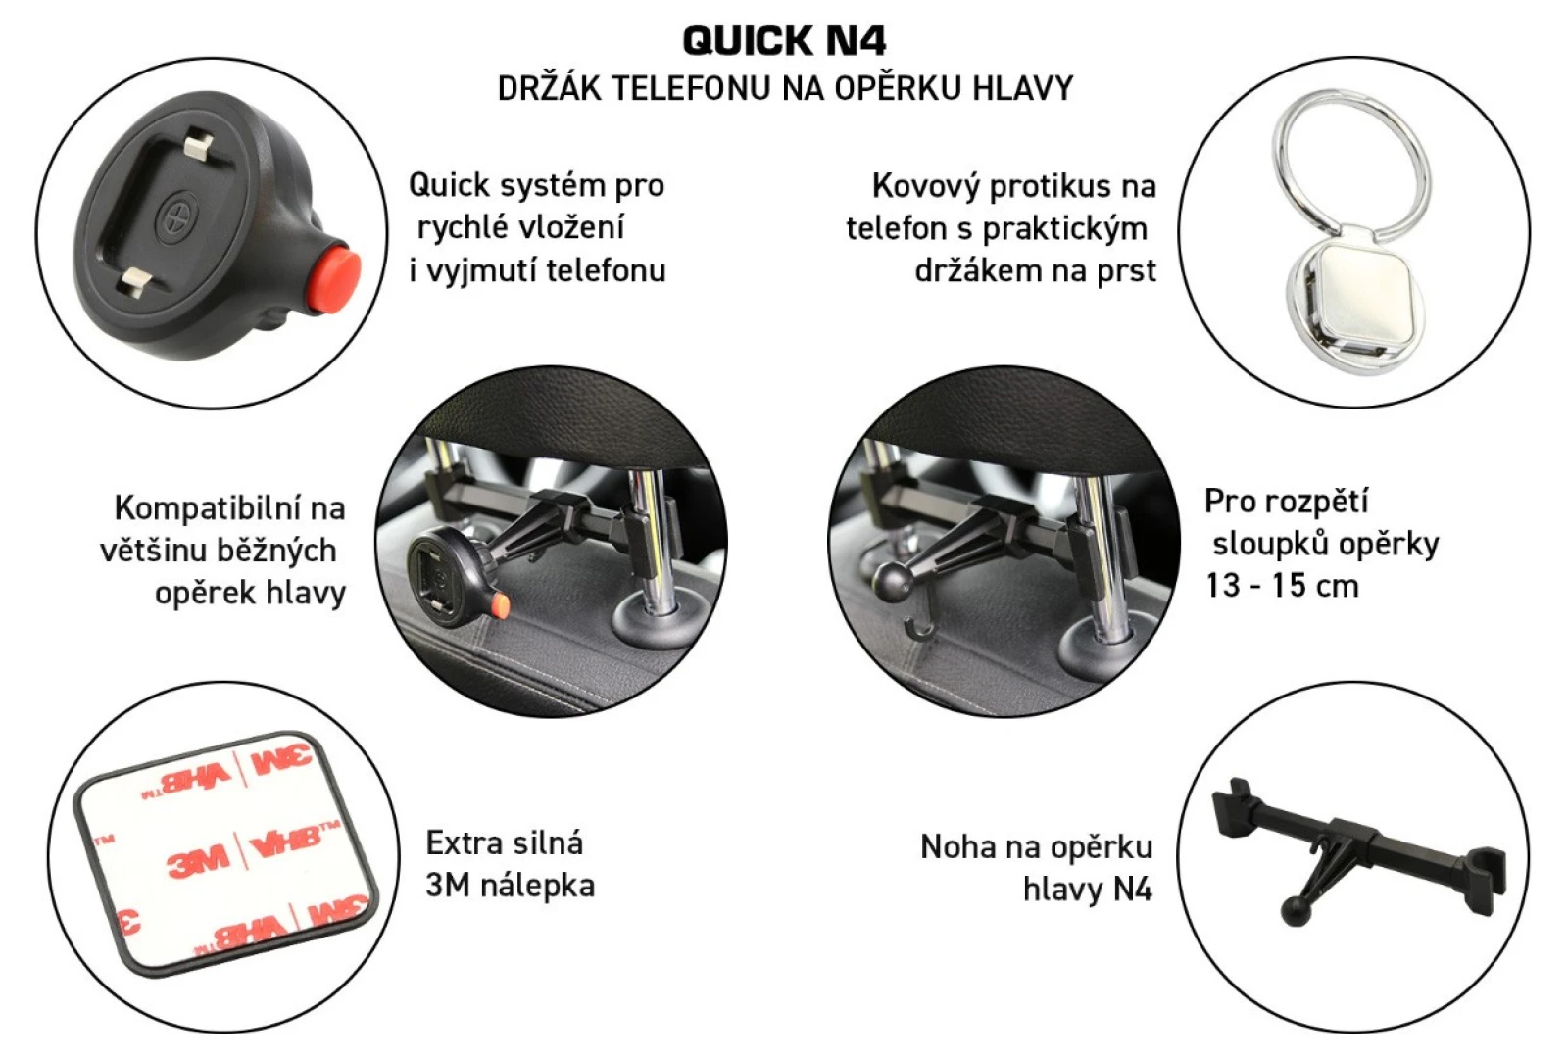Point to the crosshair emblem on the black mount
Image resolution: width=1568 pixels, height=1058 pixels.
176,216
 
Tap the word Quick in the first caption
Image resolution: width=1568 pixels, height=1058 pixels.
449,185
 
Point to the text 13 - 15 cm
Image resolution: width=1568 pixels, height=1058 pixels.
1282,586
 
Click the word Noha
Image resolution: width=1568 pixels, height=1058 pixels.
959,846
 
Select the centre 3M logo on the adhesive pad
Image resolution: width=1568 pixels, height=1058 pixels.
198,860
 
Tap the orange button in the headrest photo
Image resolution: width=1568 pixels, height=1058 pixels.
501,605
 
